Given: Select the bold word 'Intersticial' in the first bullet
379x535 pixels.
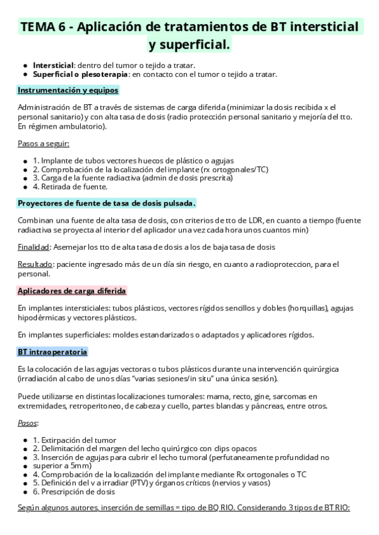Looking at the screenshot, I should tap(54, 65).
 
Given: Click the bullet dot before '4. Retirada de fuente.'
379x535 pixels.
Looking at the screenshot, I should tap(25, 187).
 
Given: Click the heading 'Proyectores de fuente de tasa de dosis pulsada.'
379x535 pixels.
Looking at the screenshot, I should tap(107, 203).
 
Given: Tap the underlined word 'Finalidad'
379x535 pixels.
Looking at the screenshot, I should tap(33, 247).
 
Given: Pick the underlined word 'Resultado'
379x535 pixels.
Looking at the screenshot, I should tap(35, 263).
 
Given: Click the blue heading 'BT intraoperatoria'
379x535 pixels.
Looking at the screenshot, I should tap(52, 351).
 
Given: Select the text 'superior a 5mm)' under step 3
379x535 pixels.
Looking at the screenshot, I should tap(63, 466).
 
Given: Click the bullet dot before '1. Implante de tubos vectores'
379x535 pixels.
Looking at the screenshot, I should tap(25, 160).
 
